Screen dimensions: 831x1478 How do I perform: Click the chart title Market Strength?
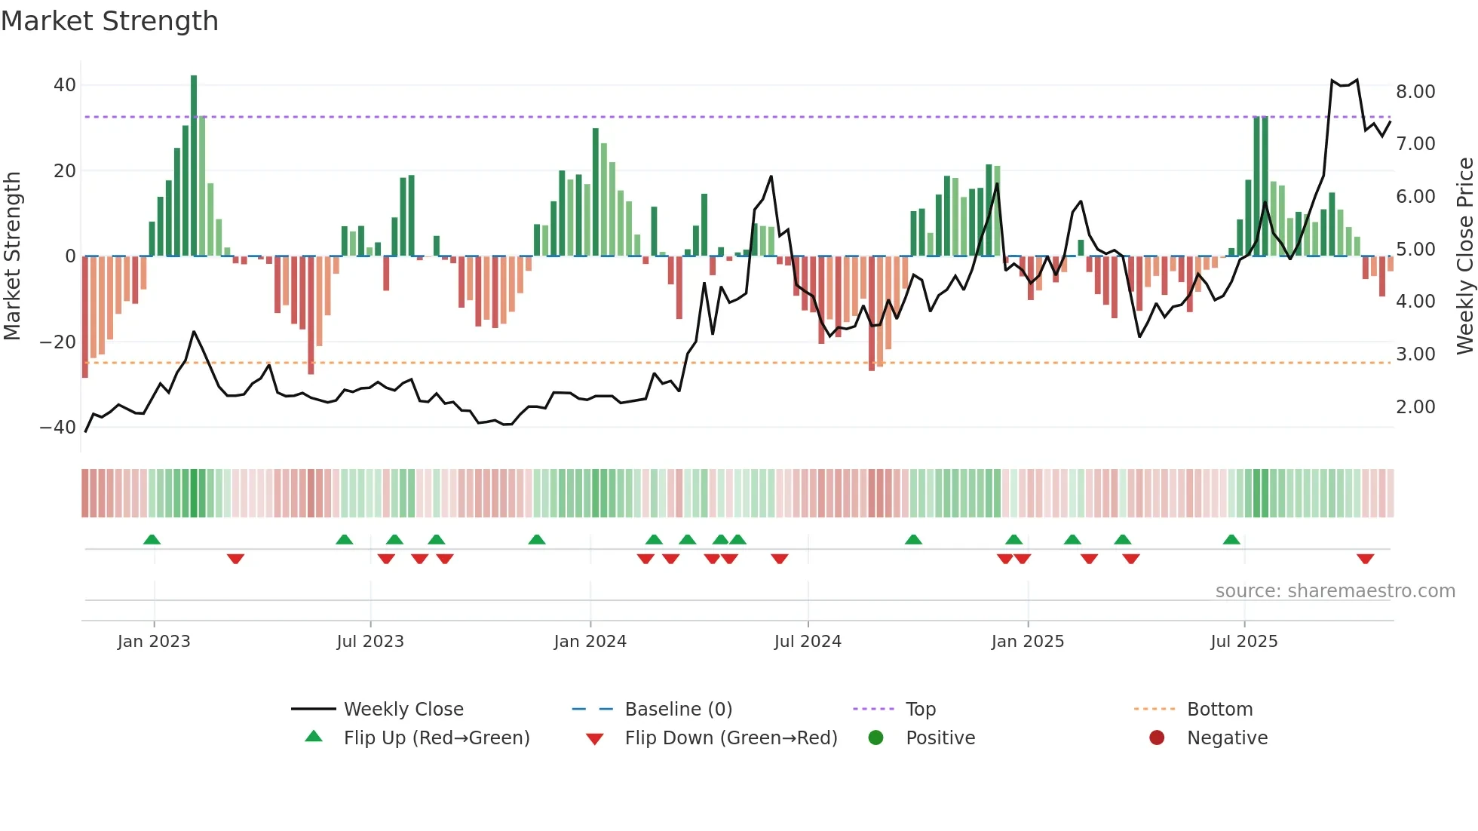[x=109, y=21]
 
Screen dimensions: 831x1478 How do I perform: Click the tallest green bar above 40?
[x=194, y=166]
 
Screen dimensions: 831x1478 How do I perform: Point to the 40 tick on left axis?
[x=65, y=85]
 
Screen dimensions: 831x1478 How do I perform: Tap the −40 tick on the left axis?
[x=58, y=428]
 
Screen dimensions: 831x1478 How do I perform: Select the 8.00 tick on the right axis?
[x=1415, y=92]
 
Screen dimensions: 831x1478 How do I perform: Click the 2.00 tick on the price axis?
[x=1415, y=407]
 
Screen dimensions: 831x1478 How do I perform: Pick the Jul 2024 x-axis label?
[x=808, y=642]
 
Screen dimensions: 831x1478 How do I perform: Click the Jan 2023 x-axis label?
[x=154, y=642]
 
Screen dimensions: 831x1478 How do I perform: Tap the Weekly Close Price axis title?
[x=1464, y=256]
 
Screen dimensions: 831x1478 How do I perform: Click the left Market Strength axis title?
[x=13, y=256]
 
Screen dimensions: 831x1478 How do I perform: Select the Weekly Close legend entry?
[x=403, y=710]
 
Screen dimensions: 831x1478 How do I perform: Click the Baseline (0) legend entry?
[x=678, y=710]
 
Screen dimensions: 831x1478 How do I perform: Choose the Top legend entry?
[x=920, y=710]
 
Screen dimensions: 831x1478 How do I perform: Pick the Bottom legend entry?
[x=1219, y=710]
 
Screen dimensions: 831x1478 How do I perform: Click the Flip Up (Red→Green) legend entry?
[x=436, y=738]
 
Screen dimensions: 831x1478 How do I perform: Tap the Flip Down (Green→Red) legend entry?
[x=731, y=738]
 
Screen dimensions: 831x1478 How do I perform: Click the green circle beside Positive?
[x=875, y=737]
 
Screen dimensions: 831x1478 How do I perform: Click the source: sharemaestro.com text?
[x=1335, y=591]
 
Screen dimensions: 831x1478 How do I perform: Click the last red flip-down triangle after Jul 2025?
[x=1365, y=559]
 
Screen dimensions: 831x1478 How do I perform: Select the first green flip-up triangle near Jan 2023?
[x=152, y=539]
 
